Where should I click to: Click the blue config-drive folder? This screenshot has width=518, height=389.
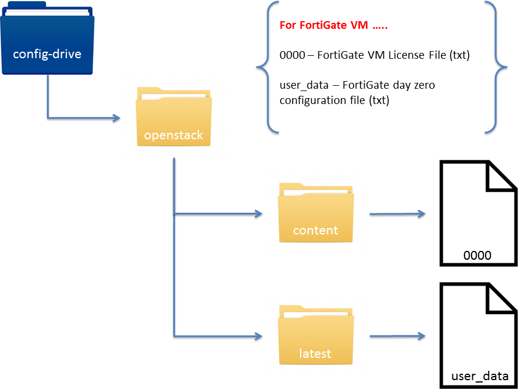pos(48,41)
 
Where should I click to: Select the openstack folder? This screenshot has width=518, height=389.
pos(173,118)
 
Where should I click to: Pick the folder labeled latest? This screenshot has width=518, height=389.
pos(315,336)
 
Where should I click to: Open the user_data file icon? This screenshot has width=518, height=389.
pos(477,335)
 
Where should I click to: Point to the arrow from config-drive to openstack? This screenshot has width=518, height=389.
pos(82,118)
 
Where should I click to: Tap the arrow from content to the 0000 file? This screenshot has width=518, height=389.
pos(397,214)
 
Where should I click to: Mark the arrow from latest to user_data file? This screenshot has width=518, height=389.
pos(397,337)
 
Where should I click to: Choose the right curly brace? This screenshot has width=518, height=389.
pos(496,66)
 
